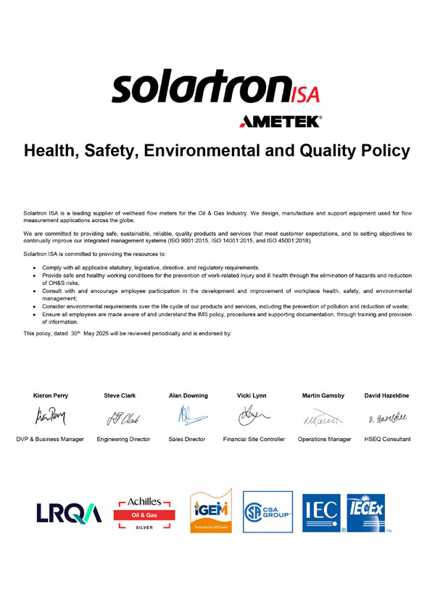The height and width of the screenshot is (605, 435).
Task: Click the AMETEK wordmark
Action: coord(280,122)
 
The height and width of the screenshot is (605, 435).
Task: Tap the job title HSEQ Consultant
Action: coord(386,439)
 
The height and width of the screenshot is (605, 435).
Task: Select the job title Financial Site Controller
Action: coord(254,439)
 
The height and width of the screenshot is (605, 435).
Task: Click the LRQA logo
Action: coord(70,513)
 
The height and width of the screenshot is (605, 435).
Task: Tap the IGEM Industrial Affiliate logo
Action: coord(210,511)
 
